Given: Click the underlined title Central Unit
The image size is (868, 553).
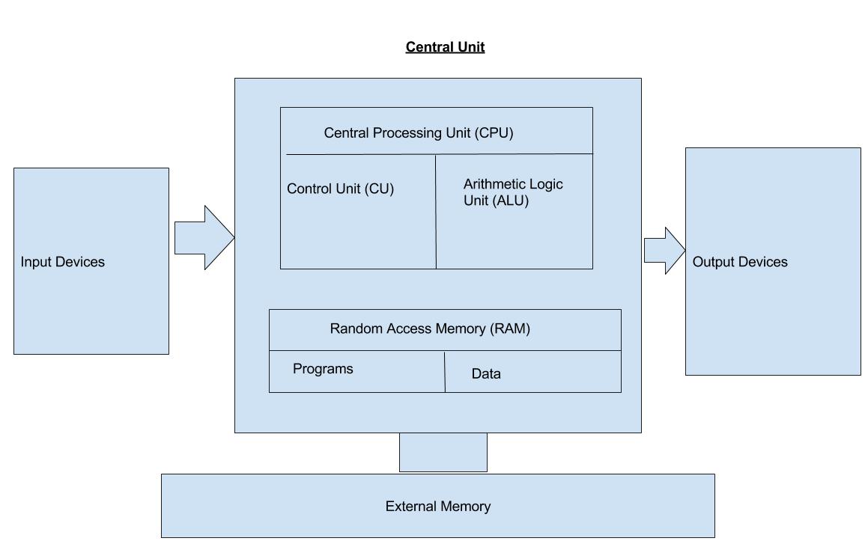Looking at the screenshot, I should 445,47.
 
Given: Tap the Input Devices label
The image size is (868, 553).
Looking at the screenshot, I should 63,262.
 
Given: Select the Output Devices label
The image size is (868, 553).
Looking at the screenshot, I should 740,262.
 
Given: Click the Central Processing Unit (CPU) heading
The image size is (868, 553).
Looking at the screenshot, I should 418,133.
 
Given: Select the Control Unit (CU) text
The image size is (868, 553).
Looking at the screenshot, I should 340,189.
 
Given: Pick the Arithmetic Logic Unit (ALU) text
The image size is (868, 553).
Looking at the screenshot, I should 512,192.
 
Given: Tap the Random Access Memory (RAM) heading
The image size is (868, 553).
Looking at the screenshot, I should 430,329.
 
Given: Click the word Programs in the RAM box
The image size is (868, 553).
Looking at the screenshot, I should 323,369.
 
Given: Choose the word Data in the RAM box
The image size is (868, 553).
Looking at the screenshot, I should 486,374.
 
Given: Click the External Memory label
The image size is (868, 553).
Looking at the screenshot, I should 437,507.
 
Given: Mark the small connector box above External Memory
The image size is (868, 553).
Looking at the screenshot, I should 443,452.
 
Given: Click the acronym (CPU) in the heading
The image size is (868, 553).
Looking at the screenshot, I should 494,133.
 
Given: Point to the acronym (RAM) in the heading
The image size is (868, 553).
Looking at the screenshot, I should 510,329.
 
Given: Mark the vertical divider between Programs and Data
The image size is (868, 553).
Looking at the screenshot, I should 445,372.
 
